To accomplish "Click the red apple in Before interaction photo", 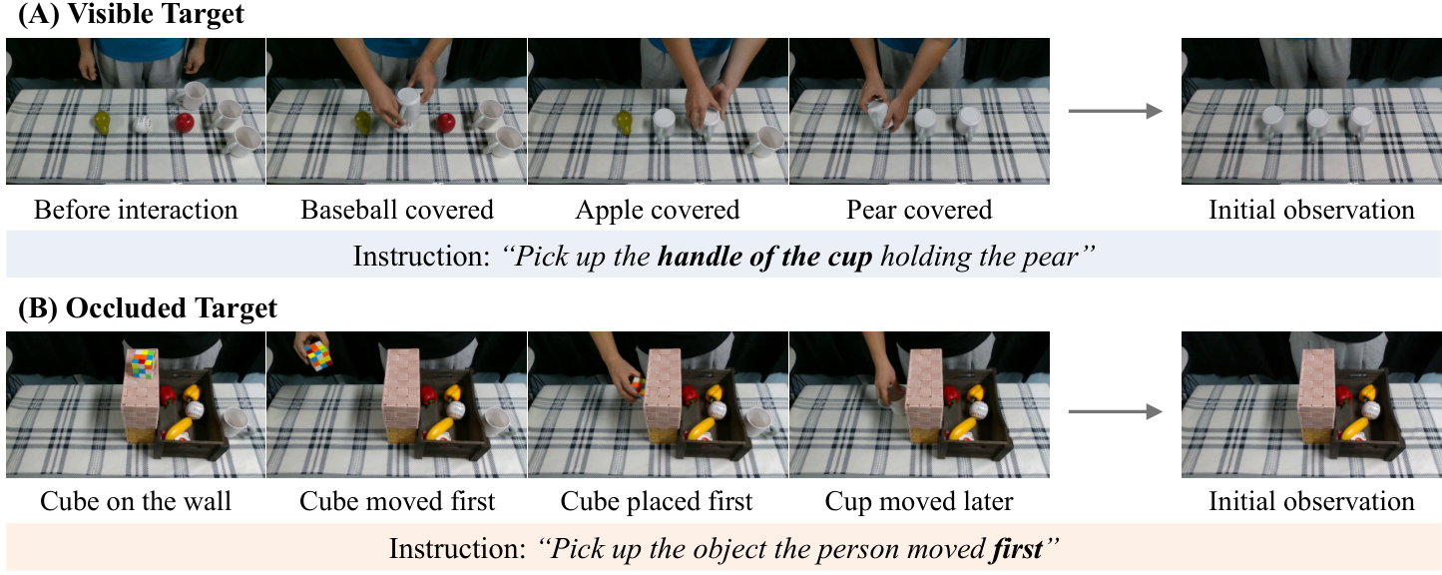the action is click(185, 123).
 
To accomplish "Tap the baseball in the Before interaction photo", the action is click(143, 124).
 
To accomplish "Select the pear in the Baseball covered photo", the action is click(363, 123).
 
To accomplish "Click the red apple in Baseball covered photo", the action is click(445, 123).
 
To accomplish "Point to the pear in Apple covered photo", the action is click(625, 123).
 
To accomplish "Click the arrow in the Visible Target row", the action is click(1115, 112).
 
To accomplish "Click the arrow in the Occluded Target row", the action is click(1115, 411).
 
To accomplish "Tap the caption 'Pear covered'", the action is click(919, 210).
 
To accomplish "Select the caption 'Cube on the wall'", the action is click(135, 501).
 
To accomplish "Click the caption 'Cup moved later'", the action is click(919, 501).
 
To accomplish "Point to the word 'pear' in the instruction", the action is click(1052, 258).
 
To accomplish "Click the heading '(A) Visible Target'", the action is click(132, 14).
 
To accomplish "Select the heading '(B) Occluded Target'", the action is click(148, 307).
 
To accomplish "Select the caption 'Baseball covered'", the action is click(397, 210).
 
